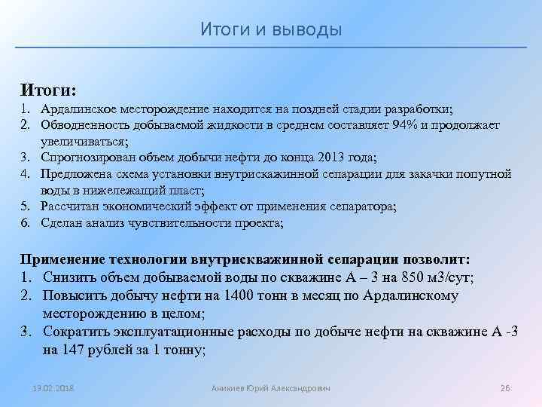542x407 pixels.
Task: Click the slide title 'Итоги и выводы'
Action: pyautogui.click(x=271, y=29)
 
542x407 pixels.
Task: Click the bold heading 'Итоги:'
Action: pyautogui.click(x=48, y=90)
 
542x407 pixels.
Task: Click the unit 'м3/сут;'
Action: pyautogui.click(x=449, y=277)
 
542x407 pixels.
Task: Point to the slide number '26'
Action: pyautogui.click(x=505, y=387)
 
